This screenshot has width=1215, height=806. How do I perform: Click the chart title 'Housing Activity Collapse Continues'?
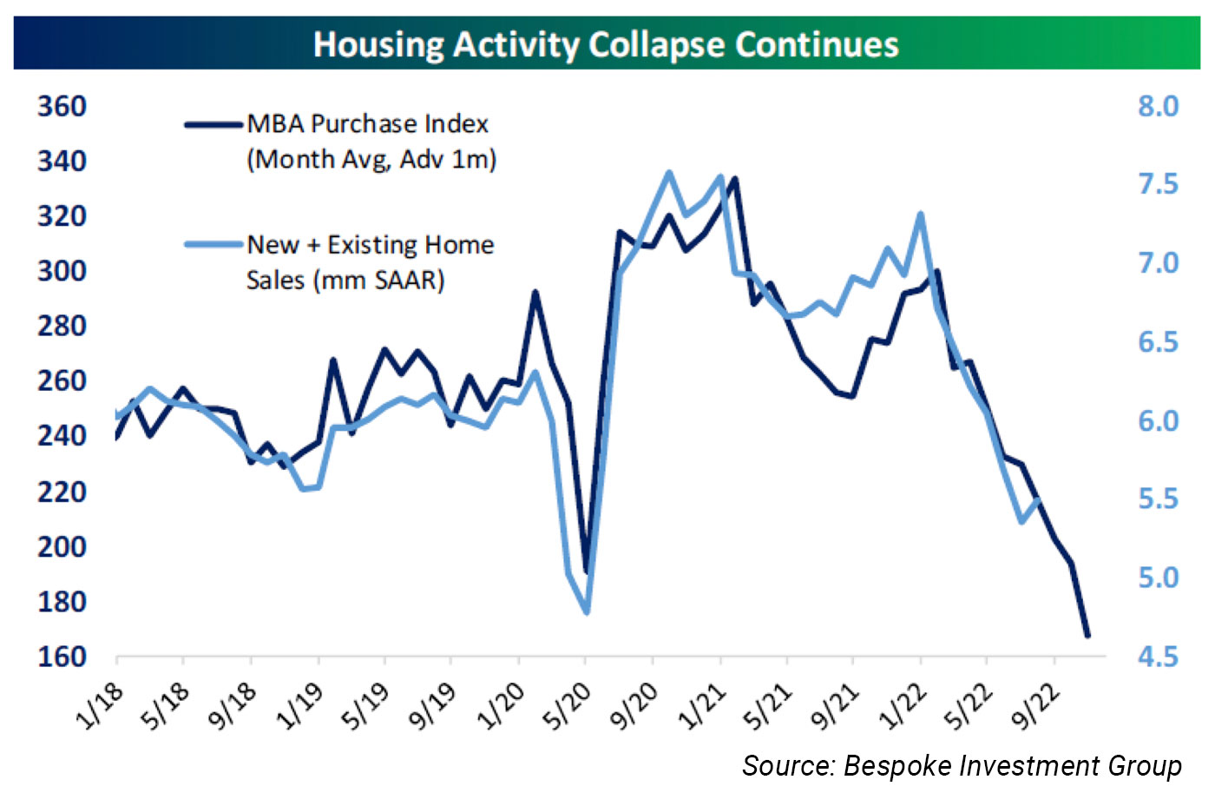pyautogui.click(x=606, y=43)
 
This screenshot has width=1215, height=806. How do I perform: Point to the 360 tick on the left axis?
pyautogui.click(x=62, y=107)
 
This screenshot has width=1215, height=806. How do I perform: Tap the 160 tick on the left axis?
pyautogui.click(x=62, y=657)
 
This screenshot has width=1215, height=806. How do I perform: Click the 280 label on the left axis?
pyautogui.click(x=62, y=327)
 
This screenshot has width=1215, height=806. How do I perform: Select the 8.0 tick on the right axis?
pyautogui.click(x=1158, y=107)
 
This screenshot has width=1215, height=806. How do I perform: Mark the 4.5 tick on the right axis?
pyautogui.click(x=1158, y=657)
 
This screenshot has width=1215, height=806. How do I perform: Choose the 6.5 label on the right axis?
pyautogui.click(x=1158, y=342)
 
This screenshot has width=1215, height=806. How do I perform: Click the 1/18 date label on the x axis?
pyautogui.click(x=100, y=705)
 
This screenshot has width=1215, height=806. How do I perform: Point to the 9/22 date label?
pyautogui.click(x=1037, y=705)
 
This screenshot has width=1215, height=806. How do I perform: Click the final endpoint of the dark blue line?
pyautogui.click(x=1087, y=636)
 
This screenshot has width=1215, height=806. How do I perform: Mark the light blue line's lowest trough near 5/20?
pyautogui.click(x=587, y=612)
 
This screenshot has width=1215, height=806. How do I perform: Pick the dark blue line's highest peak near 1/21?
pyautogui.click(x=735, y=179)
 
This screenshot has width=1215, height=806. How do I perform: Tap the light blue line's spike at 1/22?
pyautogui.click(x=921, y=214)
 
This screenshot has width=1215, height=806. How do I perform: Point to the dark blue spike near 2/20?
pyautogui.click(x=535, y=293)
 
